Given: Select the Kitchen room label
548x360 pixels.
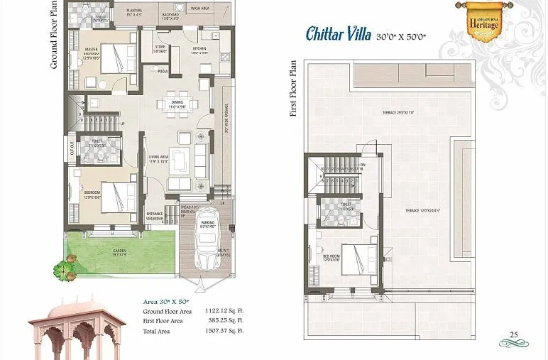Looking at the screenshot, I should pos(199,50).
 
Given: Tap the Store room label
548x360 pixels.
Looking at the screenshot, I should pos(160,49).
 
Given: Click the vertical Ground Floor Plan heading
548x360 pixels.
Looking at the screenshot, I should pos(54,36).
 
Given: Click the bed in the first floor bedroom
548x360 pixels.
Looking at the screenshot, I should pos(358,259).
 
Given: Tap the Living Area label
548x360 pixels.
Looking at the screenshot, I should pos(158,157).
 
